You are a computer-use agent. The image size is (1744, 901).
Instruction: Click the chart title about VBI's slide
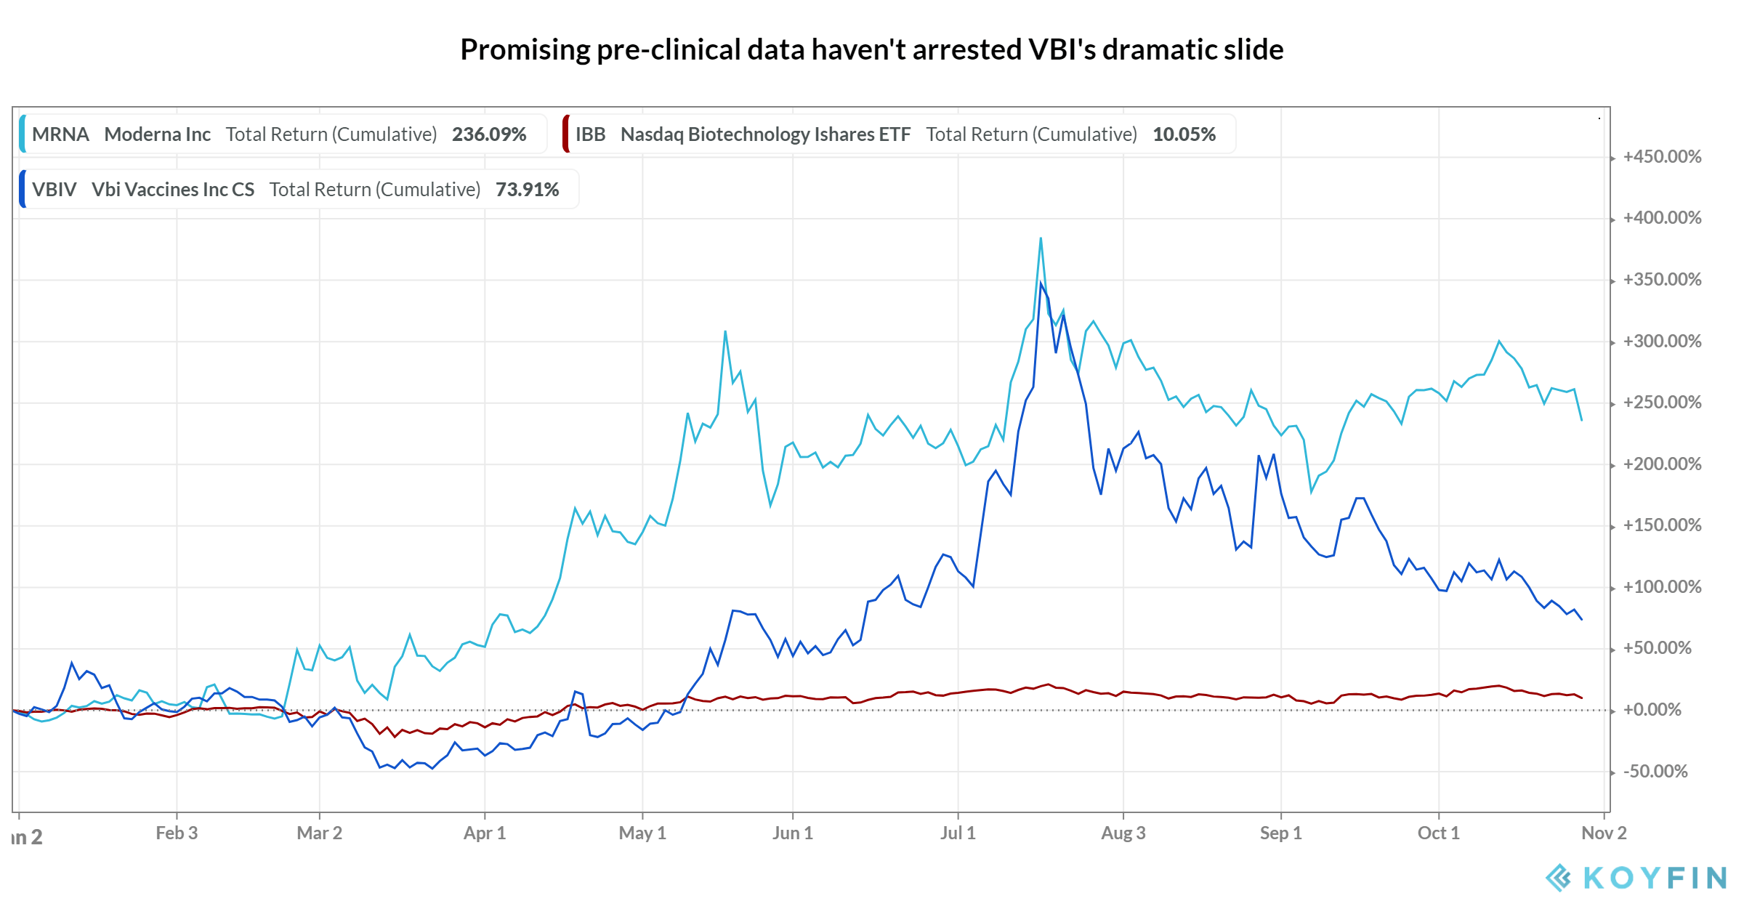[871, 49]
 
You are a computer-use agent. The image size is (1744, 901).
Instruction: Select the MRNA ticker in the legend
[60, 134]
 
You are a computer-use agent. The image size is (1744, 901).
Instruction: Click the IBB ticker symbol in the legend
[590, 134]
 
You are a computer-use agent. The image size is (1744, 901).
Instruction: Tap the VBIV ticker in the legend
[54, 190]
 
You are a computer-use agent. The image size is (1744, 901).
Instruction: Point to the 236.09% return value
[489, 134]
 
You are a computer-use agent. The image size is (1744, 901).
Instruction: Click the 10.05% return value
[1184, 134]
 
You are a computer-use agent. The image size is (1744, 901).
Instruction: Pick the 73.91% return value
[527, 190]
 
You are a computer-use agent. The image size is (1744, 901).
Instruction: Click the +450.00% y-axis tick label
[1662, 157]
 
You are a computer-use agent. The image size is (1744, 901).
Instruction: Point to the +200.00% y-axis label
[1662, 464]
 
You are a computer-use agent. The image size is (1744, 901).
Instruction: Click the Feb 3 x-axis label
[177, 833]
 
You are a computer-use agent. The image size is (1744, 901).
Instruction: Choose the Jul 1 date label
[958, 833]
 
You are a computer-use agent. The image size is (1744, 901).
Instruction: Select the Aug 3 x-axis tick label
[1123, 833]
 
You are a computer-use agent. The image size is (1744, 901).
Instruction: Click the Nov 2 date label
[1604, 833]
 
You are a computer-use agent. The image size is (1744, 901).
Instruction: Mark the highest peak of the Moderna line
[1041, 238]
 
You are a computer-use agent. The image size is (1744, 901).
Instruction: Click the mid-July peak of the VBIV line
[1041, 283]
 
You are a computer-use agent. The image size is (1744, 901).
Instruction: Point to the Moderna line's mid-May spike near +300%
[725, 332]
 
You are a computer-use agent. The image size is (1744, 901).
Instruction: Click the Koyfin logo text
[1655, 878]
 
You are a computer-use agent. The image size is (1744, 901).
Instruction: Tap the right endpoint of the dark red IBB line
[1581, 698]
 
